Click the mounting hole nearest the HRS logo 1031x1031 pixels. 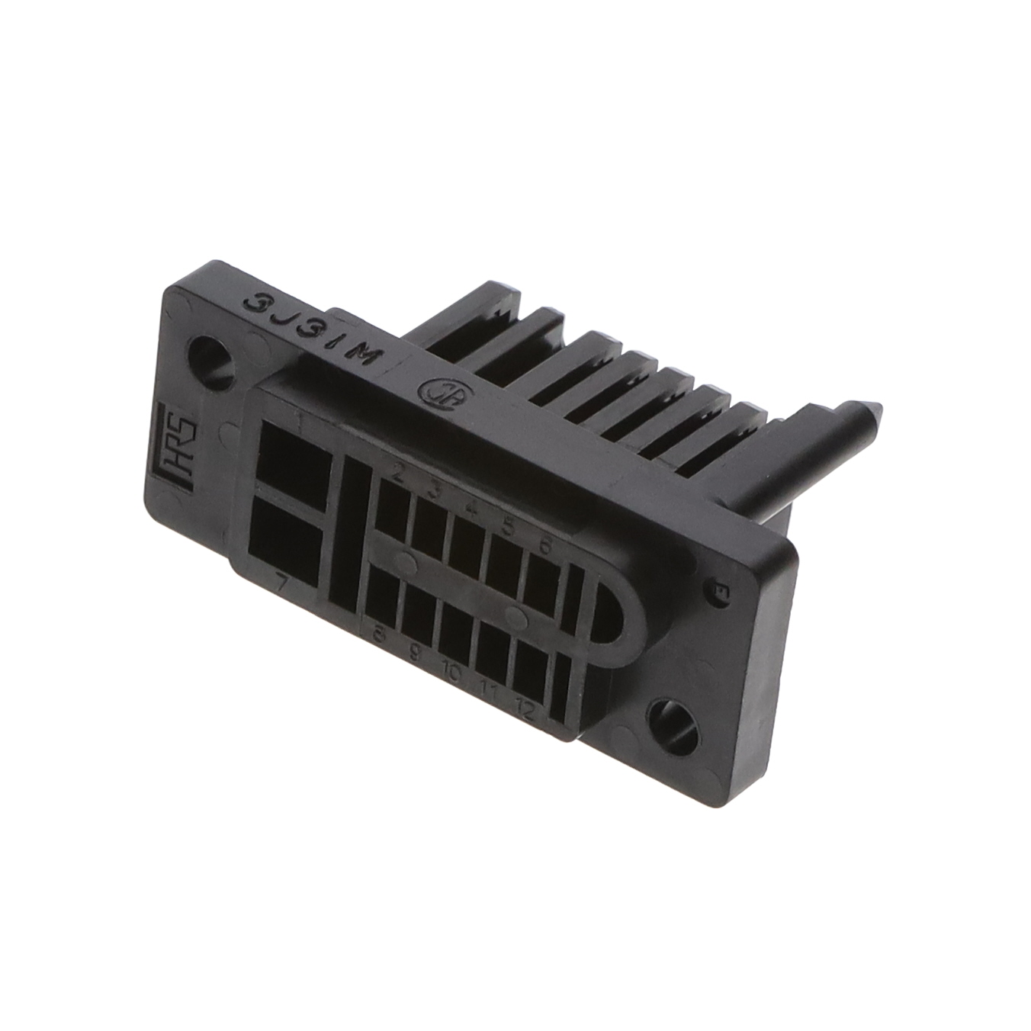coord(214,358)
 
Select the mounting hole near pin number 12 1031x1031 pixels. coord(674,721)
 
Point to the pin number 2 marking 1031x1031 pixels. coord(397,473)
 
